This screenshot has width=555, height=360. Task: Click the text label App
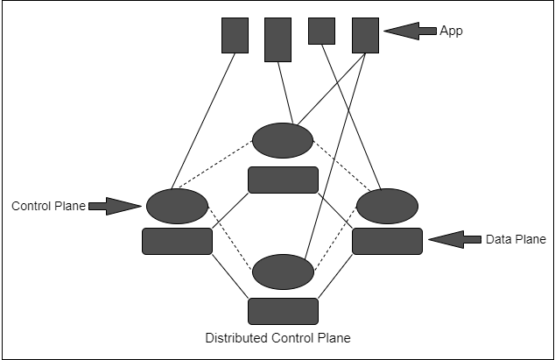452,31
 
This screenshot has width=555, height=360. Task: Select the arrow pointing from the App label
410,32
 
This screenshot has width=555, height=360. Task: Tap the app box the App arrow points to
365,36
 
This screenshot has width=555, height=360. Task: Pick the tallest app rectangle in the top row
277,39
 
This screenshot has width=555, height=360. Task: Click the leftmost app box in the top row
235,35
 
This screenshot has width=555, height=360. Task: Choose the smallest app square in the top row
321,31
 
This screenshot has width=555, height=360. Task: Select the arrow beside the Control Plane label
115,206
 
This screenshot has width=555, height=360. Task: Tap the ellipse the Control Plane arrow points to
177,206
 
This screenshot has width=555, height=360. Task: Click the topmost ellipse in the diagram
282,140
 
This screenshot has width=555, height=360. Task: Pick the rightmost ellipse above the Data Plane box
387,206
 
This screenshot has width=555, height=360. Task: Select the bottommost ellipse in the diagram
282,272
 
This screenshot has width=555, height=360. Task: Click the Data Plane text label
516,238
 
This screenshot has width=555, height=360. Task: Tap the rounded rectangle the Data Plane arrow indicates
387,241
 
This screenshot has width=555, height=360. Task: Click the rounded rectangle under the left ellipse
177,241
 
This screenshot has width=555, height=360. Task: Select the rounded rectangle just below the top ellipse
282,180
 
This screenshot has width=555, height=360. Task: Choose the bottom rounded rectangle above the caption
282,311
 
